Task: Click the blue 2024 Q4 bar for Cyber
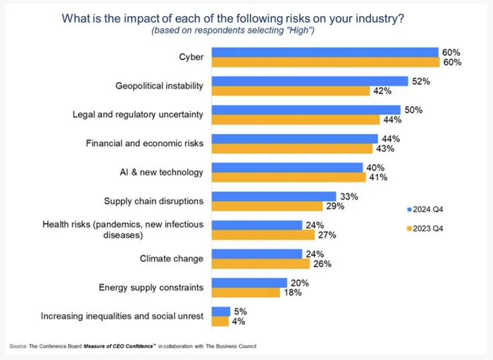[x=325, y=53]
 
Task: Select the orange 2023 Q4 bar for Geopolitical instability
[x=290, y=91]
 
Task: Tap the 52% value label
[x=421, y=81]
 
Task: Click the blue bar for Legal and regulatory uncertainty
[x=306, y=110]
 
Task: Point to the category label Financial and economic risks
[x=145, y=143]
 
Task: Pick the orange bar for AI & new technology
[x=288, y=177]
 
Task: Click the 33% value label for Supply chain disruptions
[x=349, y=197]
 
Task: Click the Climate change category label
[x=171, y=259]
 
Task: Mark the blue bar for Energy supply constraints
[x=249, y=283]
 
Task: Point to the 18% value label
[x=293, y=293]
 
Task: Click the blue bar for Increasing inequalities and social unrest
[x=221, y=311]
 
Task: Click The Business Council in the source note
[x=233, y=346]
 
